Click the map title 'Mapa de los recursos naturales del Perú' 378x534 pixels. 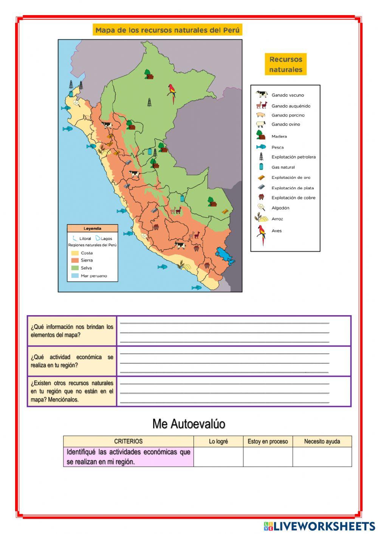pos(167,30)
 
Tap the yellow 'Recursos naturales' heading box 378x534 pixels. pos(285,64)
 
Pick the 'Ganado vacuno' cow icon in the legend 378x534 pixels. pos(261,94)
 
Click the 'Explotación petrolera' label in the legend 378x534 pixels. pos(293,157)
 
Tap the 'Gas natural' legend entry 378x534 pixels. pos(283,167)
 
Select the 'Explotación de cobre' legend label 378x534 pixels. pos(293,198)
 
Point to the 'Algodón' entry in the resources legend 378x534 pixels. pos(280,208)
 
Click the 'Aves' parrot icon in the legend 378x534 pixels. pos(261,234)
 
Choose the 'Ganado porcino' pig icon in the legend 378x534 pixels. pos(261,115)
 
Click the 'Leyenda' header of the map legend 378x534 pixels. pos(93,229)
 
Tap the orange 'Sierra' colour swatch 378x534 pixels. pos(75,260)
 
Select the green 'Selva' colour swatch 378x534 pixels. pos(75,268)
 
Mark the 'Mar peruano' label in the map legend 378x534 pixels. pos(94,276)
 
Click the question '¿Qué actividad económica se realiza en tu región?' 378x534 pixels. pos(72,361)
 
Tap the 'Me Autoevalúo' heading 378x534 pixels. pos(189,424)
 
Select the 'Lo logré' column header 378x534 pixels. pos(218,441)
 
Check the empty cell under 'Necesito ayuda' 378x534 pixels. pos(322,457)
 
